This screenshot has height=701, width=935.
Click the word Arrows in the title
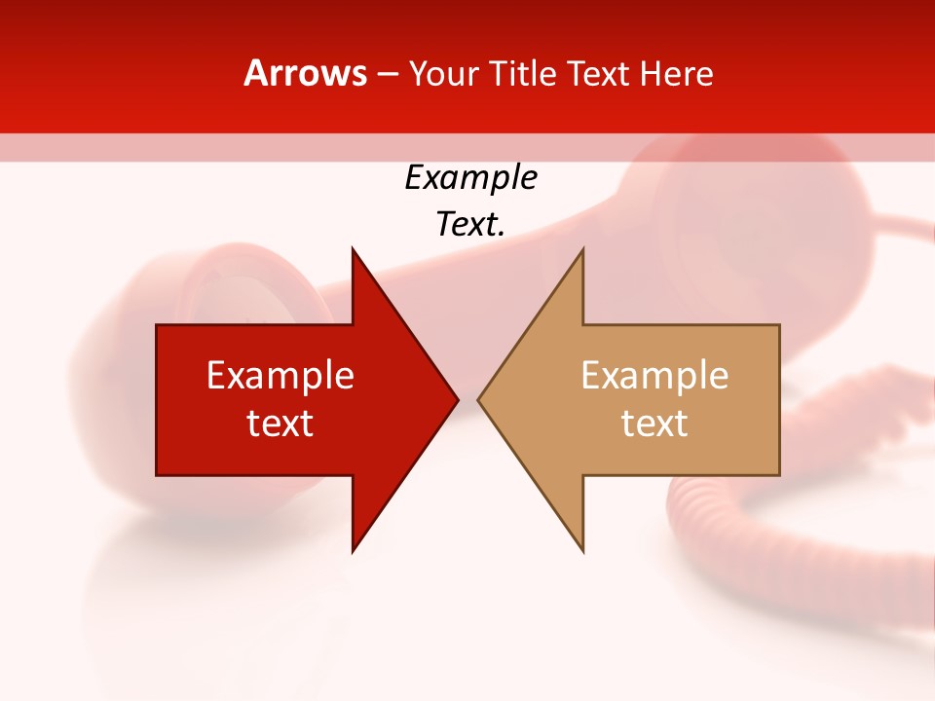305,73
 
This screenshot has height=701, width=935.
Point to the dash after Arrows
387,74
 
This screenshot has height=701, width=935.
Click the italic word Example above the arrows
470,177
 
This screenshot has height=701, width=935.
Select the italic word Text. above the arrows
470,224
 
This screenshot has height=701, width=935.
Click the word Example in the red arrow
280,376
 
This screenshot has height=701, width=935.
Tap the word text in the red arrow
280,424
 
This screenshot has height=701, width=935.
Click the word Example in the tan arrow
654,376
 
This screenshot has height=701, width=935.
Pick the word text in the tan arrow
654,424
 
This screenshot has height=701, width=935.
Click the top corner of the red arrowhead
353,250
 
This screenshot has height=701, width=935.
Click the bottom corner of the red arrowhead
353,550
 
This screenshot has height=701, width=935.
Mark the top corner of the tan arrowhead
582,250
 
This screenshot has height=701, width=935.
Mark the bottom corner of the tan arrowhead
582,550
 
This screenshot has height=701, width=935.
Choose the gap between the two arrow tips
467,399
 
